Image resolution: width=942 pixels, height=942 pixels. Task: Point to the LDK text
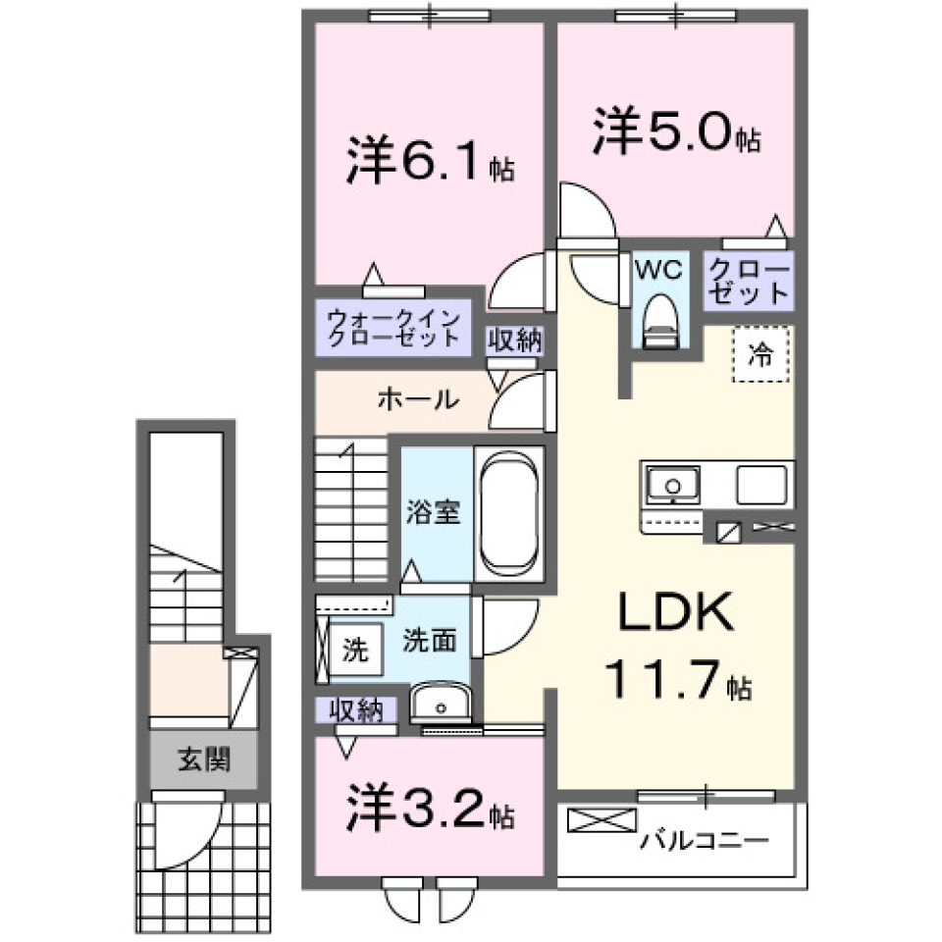point(675,616)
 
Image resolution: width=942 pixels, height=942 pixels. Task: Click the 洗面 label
point(429,641)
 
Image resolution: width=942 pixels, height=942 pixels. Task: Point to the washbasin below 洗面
point(440,703)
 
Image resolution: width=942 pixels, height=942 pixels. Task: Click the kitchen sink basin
point(672,485)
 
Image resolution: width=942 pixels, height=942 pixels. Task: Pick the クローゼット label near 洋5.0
point(749,281)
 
